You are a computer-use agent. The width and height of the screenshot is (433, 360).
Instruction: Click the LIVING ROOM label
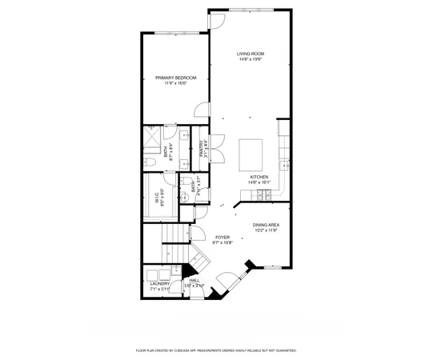pyautogui.click(x=250, y=54)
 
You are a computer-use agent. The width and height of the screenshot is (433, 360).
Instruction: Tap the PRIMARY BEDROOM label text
pyautogui.click(x=175, y=78)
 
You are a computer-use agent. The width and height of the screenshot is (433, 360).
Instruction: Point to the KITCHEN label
pyautogui.click(x=259, y=177)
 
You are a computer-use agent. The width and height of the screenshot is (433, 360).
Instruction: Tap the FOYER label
pyautogui.click(x=223, y=237)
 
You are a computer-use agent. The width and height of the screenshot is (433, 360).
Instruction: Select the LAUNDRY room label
pyautogui.click(x=158, y=283)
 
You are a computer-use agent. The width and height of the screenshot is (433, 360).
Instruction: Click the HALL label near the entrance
pyautogui.click(x=194, y=280)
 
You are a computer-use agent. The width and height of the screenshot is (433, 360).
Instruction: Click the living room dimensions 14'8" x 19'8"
pyautogui.click(x=250, y=59)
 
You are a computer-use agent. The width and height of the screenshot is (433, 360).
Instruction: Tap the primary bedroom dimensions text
pyautogui.click(x=175, y=83)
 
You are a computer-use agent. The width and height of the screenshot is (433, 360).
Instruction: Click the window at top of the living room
pyautogui.click(x=250, y=10)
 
